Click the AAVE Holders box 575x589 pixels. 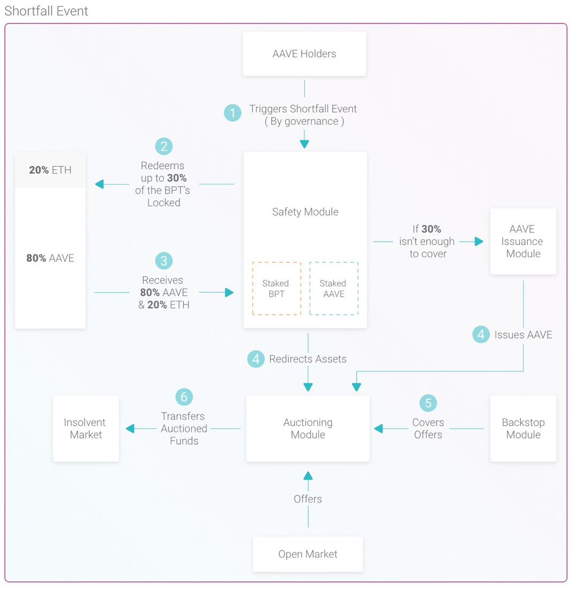pos(304,53)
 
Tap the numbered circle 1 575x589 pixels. pos(232,113)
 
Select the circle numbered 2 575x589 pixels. pos(164,146)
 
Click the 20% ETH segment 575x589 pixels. pos(50,170)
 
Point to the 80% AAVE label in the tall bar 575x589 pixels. pos(50,258)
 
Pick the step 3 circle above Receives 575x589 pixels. pos(164,261)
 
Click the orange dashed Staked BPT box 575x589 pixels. pos(276,289)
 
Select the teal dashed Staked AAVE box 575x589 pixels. pos(333,289)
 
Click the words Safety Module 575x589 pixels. pos(305,212)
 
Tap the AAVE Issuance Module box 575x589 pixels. pos(523,241)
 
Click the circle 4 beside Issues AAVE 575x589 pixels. pos(481,335)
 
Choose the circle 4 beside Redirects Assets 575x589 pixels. pos(256,359)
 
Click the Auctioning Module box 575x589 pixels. pos(308,429)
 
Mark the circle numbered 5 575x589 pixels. pos(428,403)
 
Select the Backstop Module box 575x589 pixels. pos(523,429)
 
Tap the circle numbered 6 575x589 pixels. pos(183,397)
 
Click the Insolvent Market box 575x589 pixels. pos(86,429)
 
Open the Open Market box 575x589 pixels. pos(308,554)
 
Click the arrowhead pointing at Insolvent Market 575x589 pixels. pos(130,429)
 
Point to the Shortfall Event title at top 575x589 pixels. pos(47,11)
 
